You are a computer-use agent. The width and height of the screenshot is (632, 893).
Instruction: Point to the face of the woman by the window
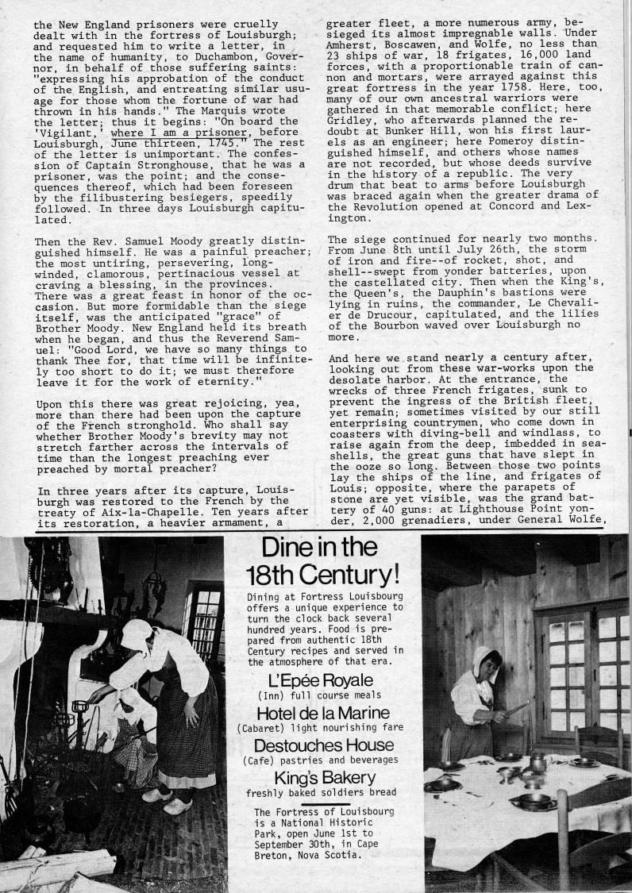pyautogui.click(x=487, y=665)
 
